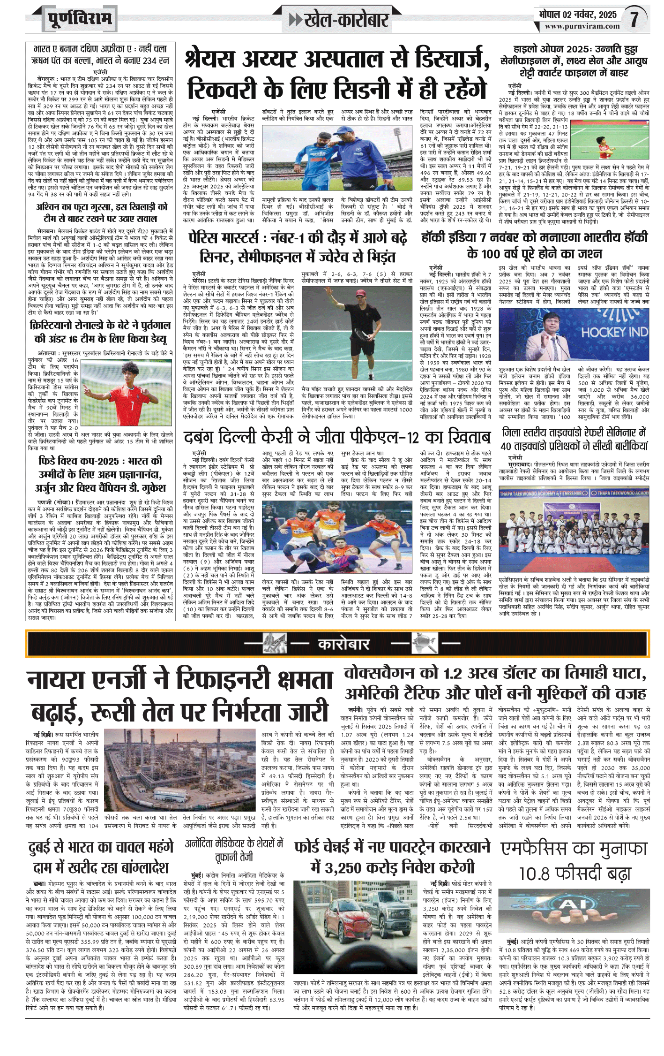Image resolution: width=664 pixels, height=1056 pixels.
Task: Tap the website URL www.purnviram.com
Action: coord(582,26)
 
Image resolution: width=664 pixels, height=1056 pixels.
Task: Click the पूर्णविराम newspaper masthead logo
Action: coord(80,19)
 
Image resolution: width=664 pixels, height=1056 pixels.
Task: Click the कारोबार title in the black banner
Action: coord(343,644)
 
